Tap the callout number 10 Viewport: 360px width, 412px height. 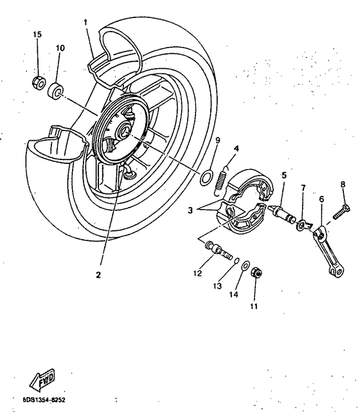click(x=60, y=48)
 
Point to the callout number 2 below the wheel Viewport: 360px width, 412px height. click(x=98, y=274)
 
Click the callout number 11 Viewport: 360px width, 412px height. click(x=254, y=306)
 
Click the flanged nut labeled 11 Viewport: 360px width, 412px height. click(x=254, y=273)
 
